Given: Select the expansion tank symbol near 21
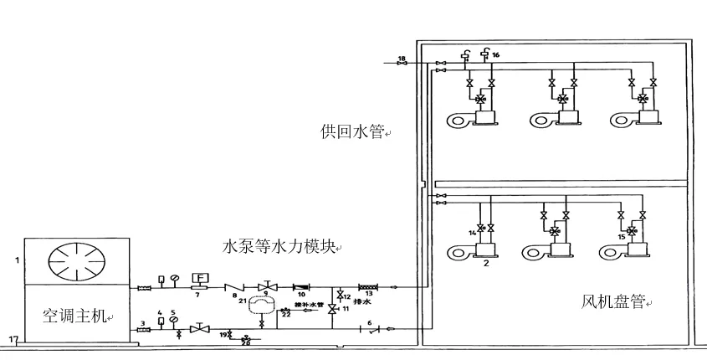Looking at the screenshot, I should pyautogui.click(x=262, y=305).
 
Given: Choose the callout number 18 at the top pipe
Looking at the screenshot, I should pyautogui.click(x=402, y=58).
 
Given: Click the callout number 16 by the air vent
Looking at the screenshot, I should pyautogui.click(x=496, y=54).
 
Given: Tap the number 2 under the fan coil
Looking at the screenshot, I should pyautogui.click(x=484, y=263).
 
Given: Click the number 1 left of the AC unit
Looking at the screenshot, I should pyautogui.click(x=14, y=260).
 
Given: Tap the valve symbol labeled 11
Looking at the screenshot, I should pyautogui.click(x=332, y=310).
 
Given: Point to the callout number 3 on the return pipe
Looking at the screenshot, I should pyautogui.click(x=143, y=321).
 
